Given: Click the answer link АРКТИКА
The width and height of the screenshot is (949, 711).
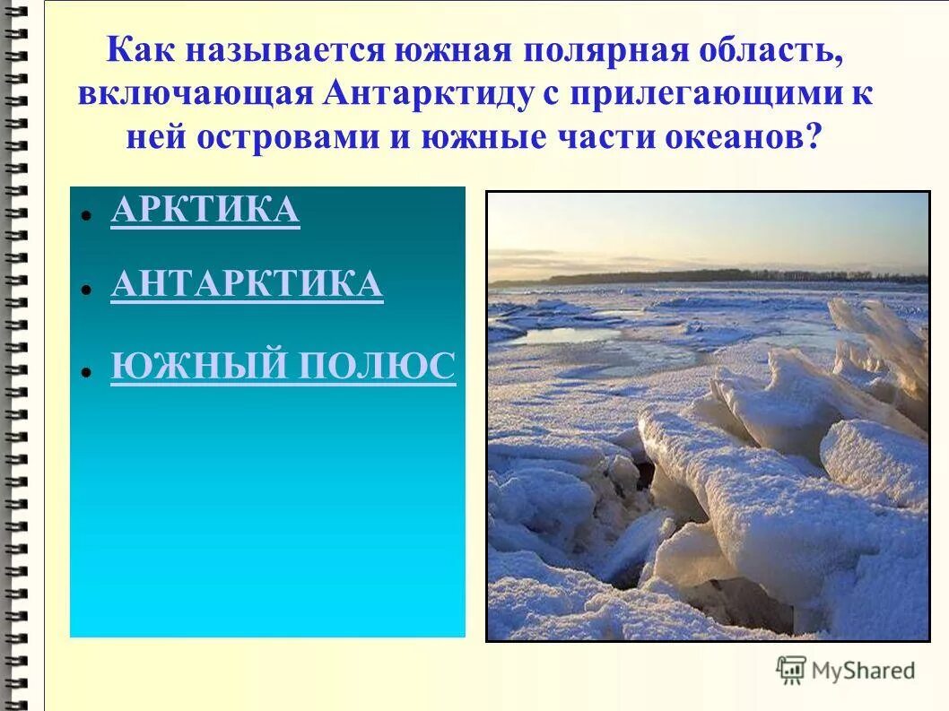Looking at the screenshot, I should (205, 210).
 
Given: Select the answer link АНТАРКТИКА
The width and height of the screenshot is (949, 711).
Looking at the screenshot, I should (247, 284).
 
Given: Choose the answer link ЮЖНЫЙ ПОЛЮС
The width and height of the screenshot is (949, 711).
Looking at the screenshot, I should (283, 367).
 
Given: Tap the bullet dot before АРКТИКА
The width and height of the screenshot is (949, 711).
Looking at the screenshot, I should (83, 216).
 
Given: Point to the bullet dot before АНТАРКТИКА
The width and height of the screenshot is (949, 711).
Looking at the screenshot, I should (83, 290).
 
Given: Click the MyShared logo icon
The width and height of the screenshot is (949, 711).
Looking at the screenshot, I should (791, 670).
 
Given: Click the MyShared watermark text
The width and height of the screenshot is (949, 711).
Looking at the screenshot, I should (863, 671).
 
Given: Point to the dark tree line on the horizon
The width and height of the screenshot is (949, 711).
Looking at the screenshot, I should (718, 277).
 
